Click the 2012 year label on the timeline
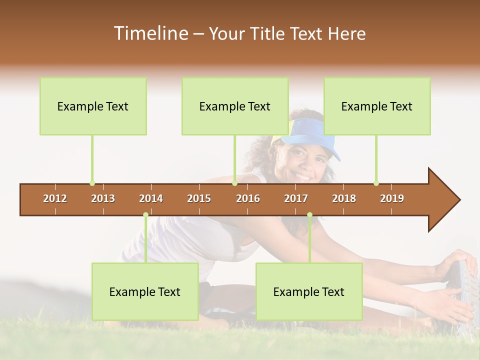click(55, 198)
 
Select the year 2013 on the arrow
click(103, 198)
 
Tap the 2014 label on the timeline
click(151, 198)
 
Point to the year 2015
click(199, 198)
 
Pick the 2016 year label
click(248, 198)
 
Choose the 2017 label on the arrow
click(296, 198)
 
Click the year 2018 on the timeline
click(344, 198)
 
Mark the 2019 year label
click(392, 198)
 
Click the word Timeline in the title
click(150, 33)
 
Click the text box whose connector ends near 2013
click(93, 106)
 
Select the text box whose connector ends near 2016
click(235, 106)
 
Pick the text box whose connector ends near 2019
click(377, 106)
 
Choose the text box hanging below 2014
click(145, 291)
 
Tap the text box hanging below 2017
click(309, 291)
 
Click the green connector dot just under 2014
click(145, 215)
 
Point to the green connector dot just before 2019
click(376, 183)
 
